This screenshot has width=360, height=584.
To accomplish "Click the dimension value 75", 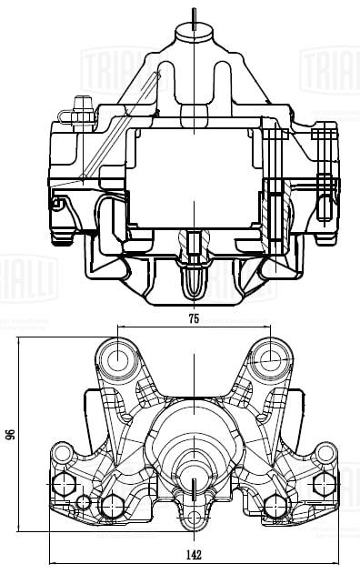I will pyautogui.click(x=194, y=319).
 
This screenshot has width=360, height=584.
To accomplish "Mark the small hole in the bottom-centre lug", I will pyautogui.click(x=194, y=519).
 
